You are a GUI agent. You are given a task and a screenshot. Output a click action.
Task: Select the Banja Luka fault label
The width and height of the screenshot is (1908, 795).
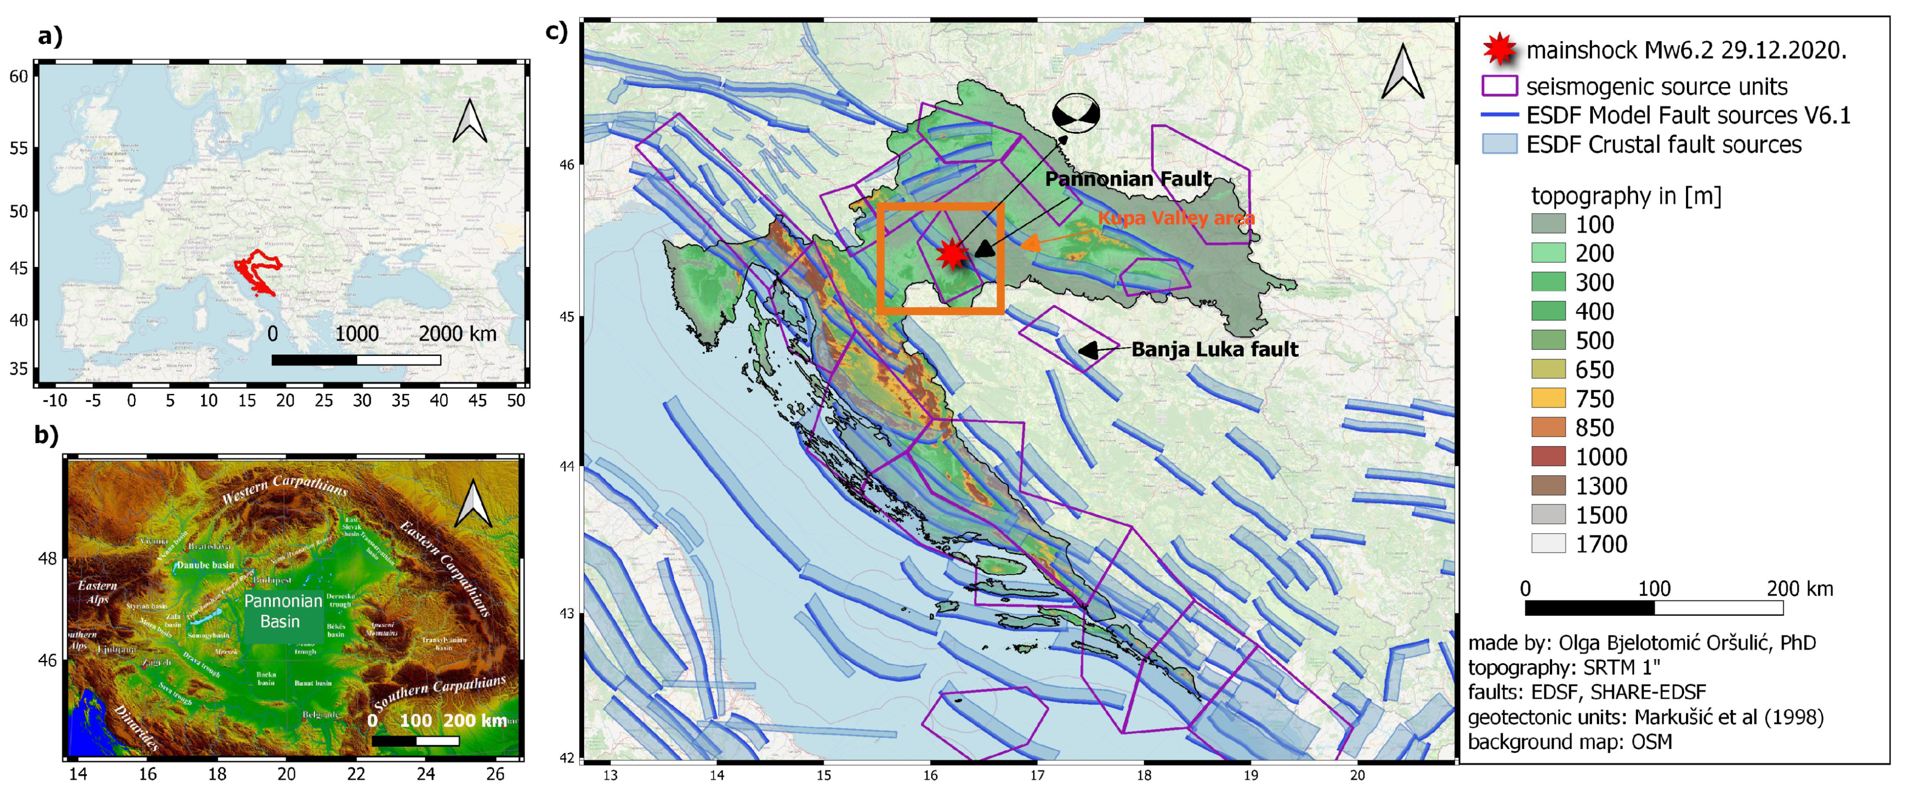click(1215, 350)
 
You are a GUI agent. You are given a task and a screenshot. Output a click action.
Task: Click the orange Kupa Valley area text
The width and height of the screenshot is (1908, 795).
click(1176, 218)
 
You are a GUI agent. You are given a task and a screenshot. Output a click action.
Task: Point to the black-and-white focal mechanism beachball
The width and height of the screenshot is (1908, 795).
click(1075, 113)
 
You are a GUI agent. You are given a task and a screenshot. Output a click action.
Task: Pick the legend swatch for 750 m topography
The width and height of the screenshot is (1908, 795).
click(1548, 398)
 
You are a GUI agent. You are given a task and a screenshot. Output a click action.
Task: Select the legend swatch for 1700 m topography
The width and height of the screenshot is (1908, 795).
click(1548, 544)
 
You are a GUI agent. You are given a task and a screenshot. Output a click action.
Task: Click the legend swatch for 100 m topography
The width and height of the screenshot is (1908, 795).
click(1548, 224)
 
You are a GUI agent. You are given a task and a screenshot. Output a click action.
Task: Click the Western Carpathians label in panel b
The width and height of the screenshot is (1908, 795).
click(285, 489)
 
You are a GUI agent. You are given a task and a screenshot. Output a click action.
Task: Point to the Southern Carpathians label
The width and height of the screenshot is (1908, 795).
click(440, 691)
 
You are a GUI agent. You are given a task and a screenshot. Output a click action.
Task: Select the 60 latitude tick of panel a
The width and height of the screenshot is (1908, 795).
click(19, 76)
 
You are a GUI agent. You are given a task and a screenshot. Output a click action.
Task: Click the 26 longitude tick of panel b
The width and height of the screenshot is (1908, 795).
click(495, 774)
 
